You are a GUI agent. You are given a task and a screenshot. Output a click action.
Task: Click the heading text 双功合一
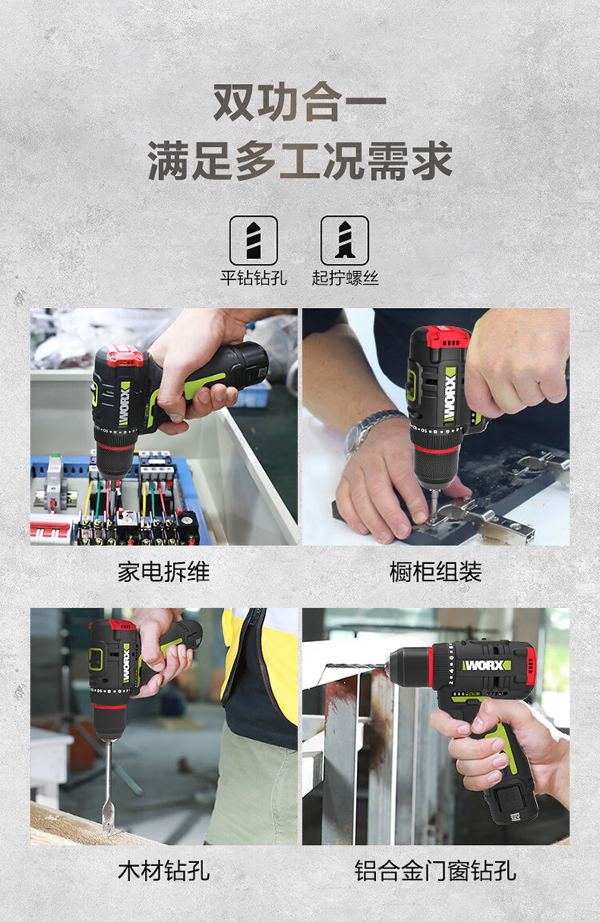(x=299, y=104)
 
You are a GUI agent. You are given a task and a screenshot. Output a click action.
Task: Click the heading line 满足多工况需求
(x=299, y=160)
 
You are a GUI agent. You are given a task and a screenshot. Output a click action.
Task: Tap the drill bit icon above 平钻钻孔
(x=254, y=240)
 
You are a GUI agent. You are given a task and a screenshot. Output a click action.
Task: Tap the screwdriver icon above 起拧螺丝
(x=345, y=240)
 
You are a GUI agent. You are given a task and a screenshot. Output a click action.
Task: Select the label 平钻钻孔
(x=254, y=277)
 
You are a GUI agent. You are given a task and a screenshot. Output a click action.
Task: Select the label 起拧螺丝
(x=345, y=277)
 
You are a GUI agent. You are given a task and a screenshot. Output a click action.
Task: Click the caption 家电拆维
(x=163, y=572)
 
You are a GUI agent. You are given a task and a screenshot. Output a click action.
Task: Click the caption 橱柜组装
(x=435, y=572)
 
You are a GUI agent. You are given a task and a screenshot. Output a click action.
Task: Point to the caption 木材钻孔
(x=163, y=871)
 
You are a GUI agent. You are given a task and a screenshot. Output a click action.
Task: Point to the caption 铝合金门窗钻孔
(x=435, y=871)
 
